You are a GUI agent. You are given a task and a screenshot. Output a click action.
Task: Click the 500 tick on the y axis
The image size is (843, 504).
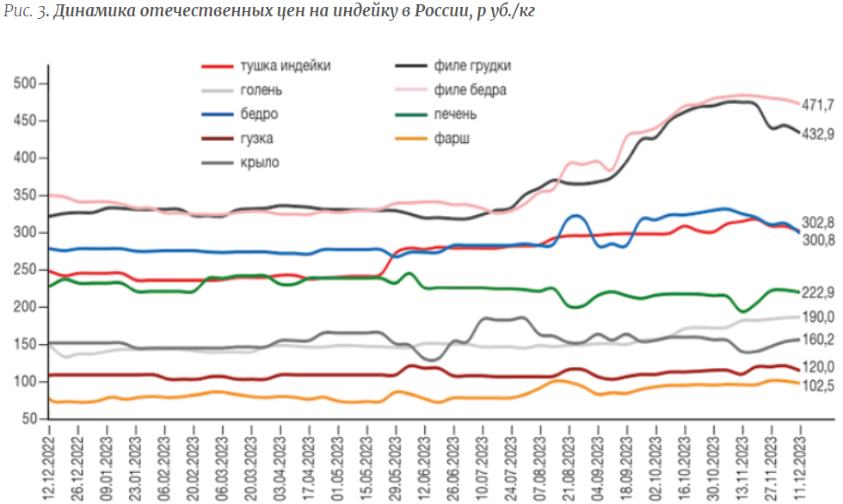coord(25,83)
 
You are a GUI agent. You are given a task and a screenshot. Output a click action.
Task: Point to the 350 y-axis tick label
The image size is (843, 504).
coord(25,195)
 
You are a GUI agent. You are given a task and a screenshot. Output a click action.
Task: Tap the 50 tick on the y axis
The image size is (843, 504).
coord(29,419)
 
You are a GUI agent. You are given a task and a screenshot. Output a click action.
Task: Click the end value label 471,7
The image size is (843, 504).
coord(818,105)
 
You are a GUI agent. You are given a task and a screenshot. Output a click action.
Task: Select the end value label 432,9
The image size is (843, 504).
coord(818,134)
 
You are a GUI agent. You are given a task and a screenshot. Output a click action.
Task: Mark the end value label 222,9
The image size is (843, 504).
coord(818,292)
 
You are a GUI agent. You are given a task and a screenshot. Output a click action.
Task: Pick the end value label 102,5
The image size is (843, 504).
coord(818,386)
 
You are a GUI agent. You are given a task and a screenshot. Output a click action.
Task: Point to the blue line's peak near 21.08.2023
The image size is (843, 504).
coord(575,216)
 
